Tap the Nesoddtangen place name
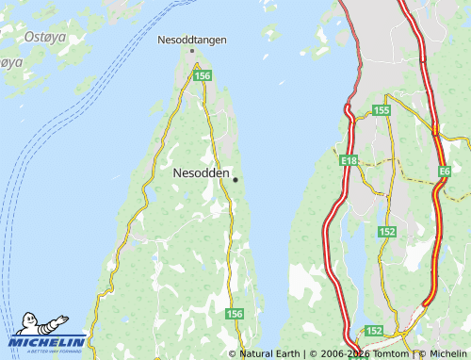coord(192,41)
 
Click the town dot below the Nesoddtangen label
coord(192,51)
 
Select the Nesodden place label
coord(200,173)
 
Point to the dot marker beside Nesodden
coord(235,179)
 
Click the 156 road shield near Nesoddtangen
coord(202,74)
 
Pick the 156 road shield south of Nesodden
coord(235,314)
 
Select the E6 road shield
coord(445,172)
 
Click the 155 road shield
coord(381,111)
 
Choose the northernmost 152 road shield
coord(386,232)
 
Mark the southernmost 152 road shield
coord(374,331)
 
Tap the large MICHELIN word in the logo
coord(48,341)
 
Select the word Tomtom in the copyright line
coord(390,353)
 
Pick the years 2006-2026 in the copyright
coord(340,353)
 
